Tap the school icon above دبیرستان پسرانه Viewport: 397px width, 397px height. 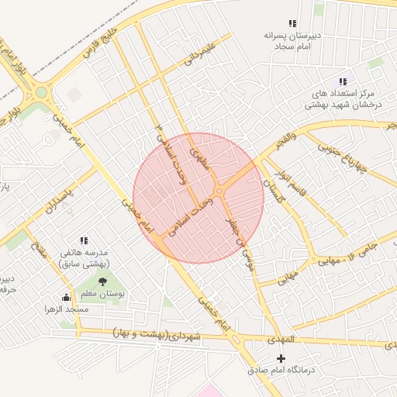click(x=292, y=24)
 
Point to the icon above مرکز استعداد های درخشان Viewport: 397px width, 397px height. click(x=343, y=81)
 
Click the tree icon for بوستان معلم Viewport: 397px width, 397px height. click(x=102, y=282)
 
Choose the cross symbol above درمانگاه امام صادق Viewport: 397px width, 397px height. click(x=281, y=358)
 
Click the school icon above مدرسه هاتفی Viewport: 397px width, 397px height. click(x=84, y=241)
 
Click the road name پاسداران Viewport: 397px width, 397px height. click(x=58, y=202)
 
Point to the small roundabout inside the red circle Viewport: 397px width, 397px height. click(x=219, y=190)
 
